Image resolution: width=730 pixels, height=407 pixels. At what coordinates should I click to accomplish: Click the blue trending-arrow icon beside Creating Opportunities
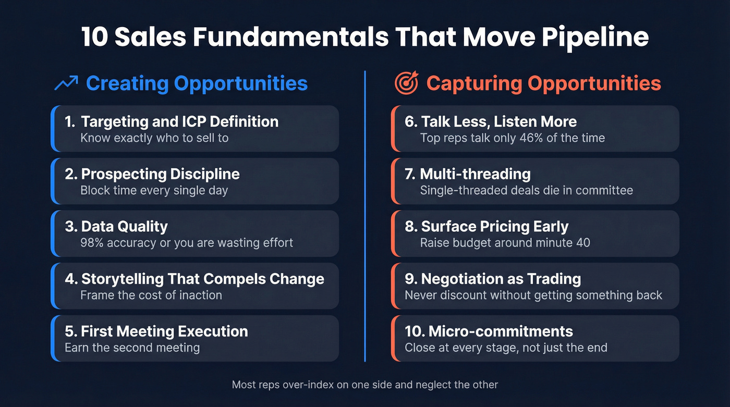66,83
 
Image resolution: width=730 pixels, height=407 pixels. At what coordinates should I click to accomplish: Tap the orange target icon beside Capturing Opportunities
406,83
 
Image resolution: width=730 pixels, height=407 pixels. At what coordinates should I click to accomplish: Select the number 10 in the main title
94,38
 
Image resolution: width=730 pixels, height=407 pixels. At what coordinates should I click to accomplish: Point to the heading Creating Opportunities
197,83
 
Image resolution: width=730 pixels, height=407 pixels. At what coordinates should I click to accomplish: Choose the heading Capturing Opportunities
543,83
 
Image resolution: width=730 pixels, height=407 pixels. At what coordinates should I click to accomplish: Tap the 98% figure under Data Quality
92,242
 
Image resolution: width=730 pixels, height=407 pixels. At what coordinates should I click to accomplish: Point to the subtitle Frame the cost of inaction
151,295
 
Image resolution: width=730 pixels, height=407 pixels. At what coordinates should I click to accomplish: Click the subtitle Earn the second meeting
132,347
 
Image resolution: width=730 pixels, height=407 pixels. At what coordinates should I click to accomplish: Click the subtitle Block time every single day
154,190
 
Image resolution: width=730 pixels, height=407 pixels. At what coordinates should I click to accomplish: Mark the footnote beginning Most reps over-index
364,385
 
